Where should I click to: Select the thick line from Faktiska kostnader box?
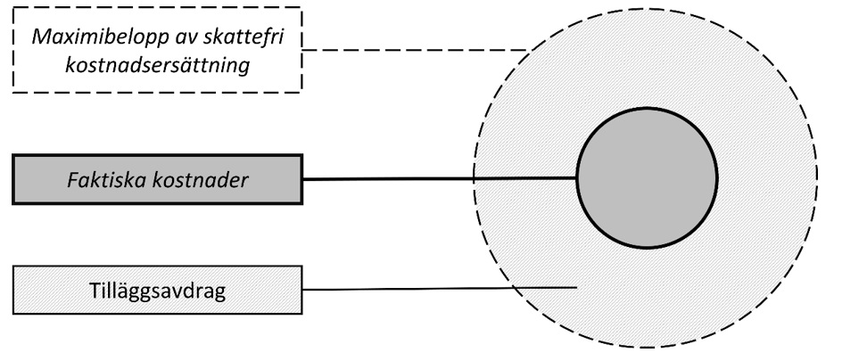pos(437,179)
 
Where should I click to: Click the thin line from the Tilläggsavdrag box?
pos(437,289)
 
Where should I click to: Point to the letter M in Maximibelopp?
pos(37,39)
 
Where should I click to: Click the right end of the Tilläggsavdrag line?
pos(574,286)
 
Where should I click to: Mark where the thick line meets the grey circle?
pos(577,178)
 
